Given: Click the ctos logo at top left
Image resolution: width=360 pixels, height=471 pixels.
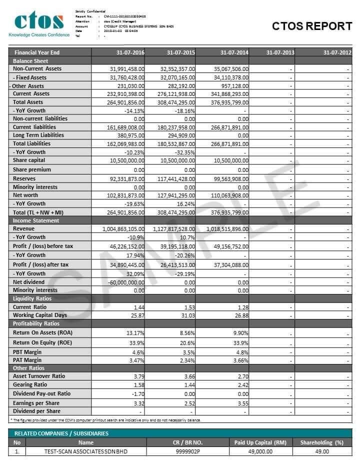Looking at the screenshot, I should tap(39, 21).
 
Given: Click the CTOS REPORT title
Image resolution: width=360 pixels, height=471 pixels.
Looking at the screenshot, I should tap(312, 26).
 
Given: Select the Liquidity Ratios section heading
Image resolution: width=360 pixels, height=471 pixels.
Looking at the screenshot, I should tap(32, 298).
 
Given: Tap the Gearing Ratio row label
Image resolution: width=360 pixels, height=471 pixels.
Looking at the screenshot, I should tap(30, 384).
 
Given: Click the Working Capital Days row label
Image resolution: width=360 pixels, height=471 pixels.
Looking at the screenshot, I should tap(38, 315).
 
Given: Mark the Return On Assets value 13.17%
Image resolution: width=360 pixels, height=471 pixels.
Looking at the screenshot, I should tap(134, 333).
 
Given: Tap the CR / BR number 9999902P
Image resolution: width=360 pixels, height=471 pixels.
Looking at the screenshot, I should tap(187, 451).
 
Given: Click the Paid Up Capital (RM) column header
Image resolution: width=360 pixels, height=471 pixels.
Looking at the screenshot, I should tap(259, 442).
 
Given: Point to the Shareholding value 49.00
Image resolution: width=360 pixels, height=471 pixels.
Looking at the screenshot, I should tap(322, 451).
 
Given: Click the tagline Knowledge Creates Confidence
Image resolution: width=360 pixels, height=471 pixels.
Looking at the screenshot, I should tap(39, 35).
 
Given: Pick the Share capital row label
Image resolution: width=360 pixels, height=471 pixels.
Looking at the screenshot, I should tap(29, 160).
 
